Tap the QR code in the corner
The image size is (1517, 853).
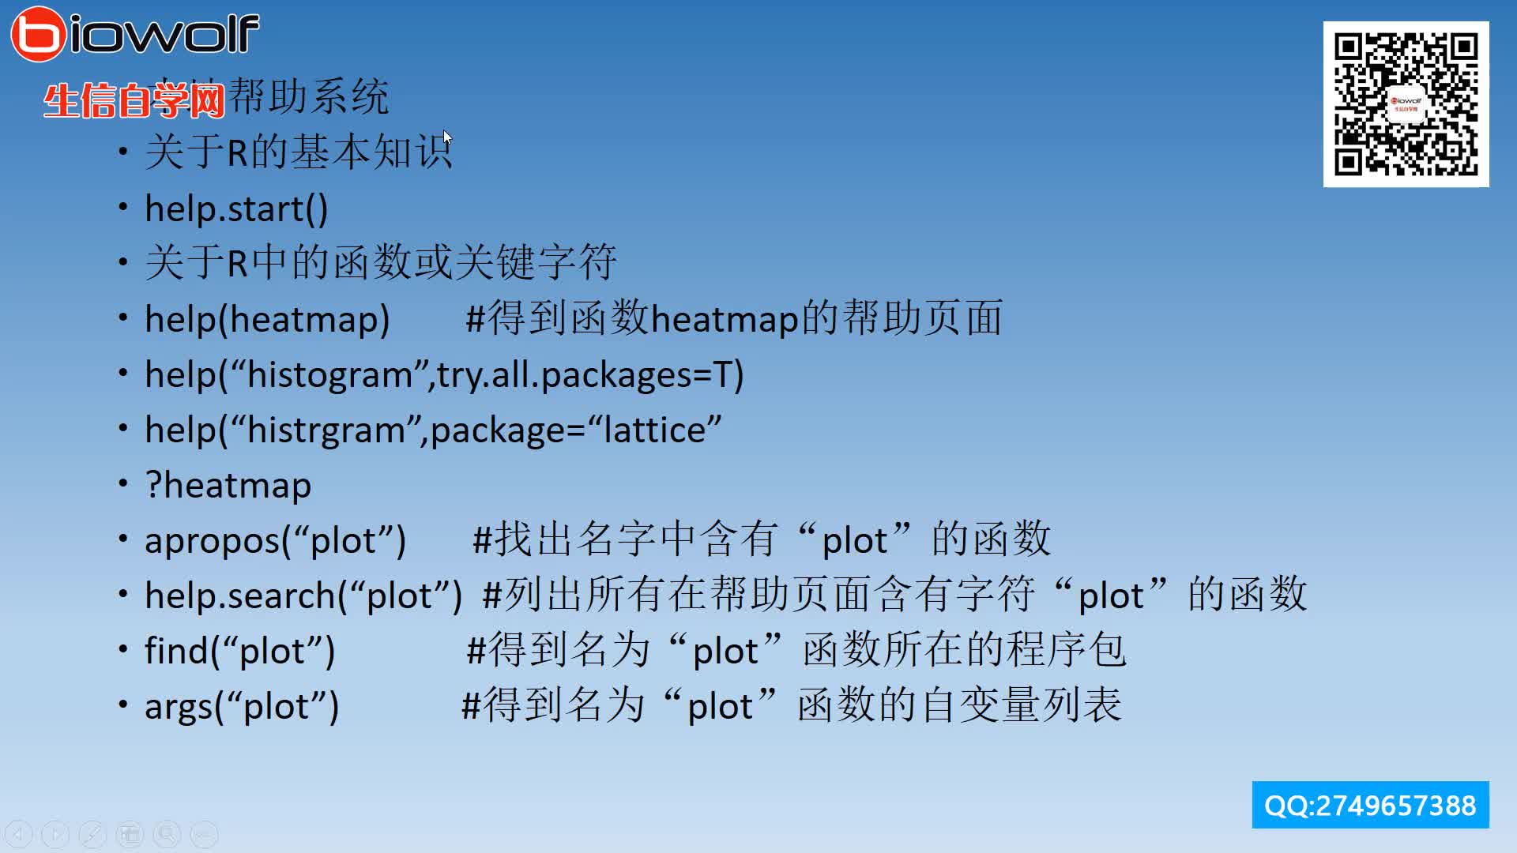[1406, 104]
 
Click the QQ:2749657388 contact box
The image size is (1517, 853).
[1370, 805]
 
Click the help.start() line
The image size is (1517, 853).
[235, 209]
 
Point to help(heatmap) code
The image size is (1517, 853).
[267, 320]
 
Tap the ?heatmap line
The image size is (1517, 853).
[228, 486]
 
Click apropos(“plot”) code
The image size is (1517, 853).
[275, 541]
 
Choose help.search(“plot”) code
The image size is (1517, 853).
[303, 596]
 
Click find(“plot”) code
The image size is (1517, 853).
[239, 652]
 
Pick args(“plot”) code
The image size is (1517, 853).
[241, 707]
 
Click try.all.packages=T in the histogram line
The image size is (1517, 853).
[589, 375]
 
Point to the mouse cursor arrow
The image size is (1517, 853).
[447, 137]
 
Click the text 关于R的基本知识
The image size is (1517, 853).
[299, 152]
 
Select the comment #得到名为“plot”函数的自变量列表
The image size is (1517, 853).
[791, 705]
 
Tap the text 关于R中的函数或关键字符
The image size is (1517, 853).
[380, 262]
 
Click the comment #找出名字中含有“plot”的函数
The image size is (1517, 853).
[761, 539]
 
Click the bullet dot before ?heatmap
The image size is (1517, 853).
[123, 483]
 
